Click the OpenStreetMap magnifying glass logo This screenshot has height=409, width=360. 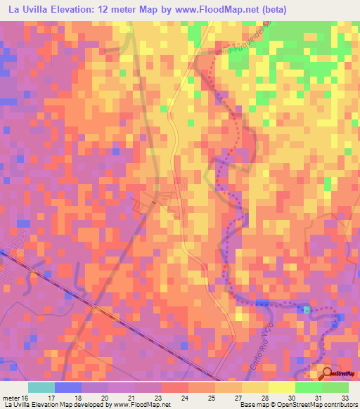[x=328, y=373]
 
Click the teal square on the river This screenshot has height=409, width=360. [x=307, y=309]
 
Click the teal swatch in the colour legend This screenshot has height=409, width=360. [x=41, y=387]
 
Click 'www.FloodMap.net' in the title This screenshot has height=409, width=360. [x=226, y=8]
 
